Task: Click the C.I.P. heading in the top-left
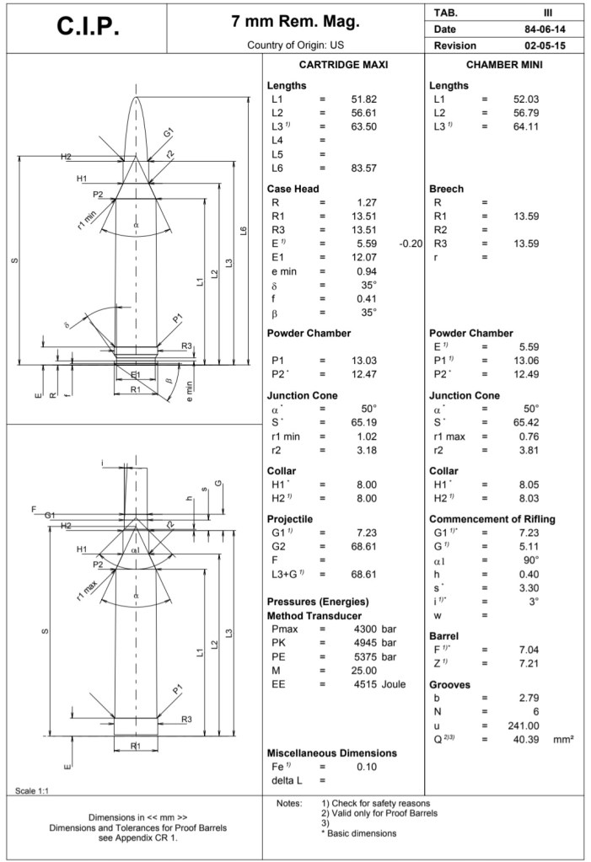point(89,27)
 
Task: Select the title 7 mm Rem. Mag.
point(295,20)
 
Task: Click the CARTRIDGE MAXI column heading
point(344,65)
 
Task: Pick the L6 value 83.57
point(363,168)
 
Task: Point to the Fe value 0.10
point(366,766)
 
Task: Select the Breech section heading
point(447,189)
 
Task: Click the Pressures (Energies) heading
point(318,602)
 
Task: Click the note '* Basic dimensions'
point(359,833)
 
